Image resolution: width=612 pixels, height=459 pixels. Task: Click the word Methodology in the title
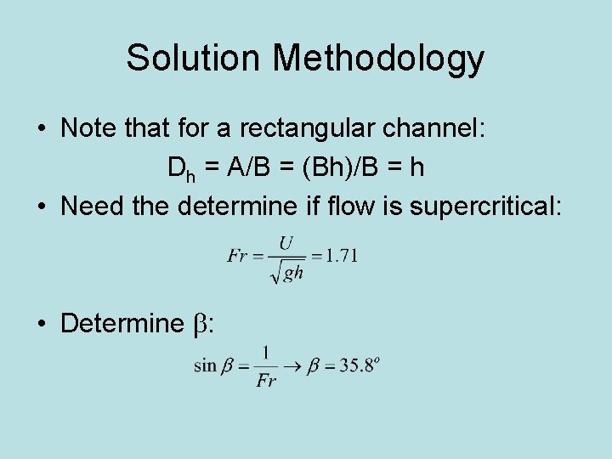378,58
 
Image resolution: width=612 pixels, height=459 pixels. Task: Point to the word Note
88,129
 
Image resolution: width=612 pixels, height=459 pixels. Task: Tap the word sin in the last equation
206,365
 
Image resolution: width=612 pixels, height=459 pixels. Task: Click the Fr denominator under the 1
266,380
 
